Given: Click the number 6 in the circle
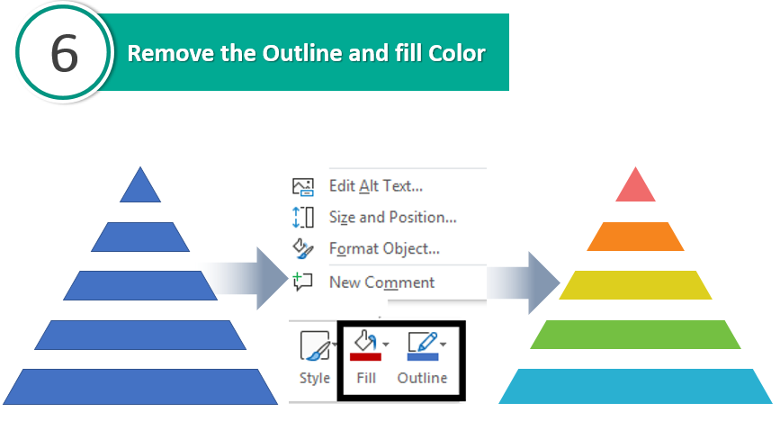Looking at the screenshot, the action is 64,53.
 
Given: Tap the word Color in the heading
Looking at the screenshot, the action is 457,53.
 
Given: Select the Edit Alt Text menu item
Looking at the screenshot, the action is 375,186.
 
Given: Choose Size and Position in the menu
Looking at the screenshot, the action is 392,218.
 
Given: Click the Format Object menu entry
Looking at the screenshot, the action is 384,248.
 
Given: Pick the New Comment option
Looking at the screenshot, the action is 381,282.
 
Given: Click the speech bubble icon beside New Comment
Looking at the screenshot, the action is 302,282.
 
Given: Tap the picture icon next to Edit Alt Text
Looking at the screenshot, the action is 302,186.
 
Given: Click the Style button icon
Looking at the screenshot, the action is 315,345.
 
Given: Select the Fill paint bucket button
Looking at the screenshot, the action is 366,345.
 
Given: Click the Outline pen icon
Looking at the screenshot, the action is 423,345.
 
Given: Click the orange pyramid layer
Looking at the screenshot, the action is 635,237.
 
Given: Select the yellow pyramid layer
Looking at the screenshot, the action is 635,285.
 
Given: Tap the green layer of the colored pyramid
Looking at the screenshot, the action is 635,335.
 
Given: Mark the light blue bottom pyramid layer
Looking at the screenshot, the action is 635,386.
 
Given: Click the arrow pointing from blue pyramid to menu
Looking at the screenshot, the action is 247,279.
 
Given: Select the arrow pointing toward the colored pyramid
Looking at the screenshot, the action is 524,282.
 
